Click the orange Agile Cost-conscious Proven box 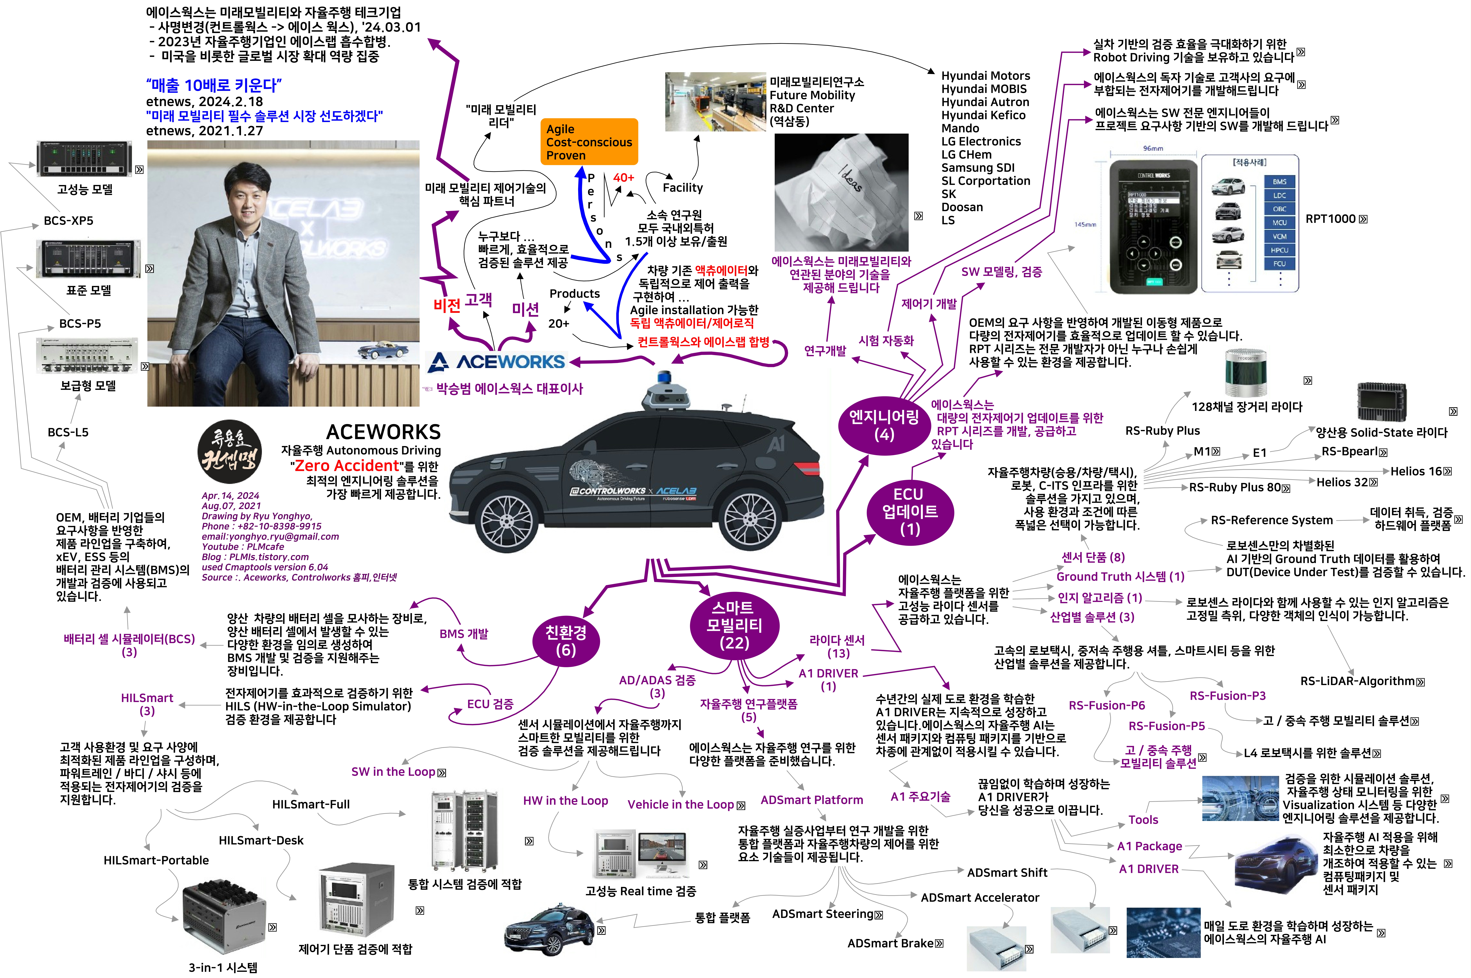point(589,142)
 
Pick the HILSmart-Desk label point(261,840)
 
